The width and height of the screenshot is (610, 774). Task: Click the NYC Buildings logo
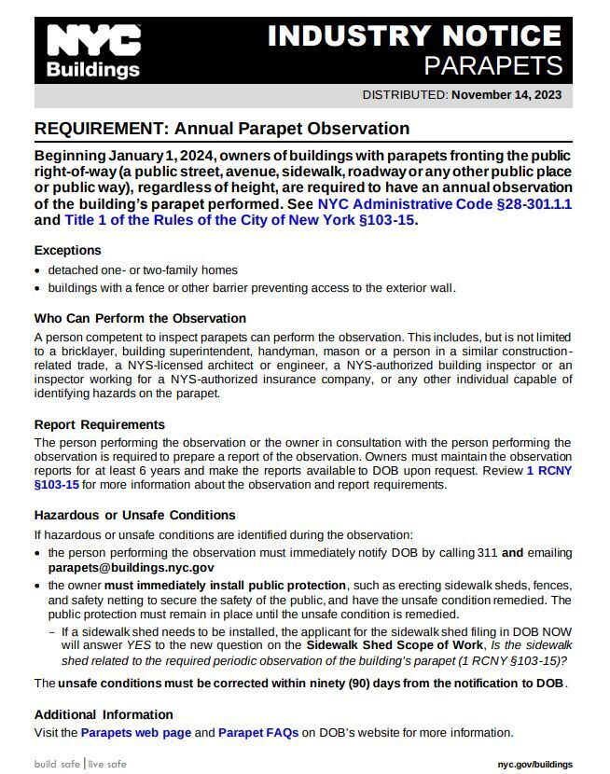tap(93, 51)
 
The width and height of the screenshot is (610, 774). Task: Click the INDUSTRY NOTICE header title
tap(414, 36)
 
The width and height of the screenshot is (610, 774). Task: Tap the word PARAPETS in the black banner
tap(492, 65)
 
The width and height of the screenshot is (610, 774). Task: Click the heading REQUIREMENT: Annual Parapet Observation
tap(222, 129)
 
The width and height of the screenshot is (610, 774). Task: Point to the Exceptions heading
tap(68, 251)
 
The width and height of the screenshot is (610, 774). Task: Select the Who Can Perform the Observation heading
tap(140, 318)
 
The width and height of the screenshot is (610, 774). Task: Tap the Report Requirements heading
tap(99, 424)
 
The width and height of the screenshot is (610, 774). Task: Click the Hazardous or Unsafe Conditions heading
tap(134, 515)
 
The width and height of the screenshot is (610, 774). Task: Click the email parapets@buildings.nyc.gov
tap(132, 567)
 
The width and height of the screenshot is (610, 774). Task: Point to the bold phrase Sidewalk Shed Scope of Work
tap(395, 645)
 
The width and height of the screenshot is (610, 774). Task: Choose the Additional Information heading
tap(104, 714)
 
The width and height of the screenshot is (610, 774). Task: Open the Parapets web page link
tap(136, 733)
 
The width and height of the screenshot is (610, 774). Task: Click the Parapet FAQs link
tap(258, 733)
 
